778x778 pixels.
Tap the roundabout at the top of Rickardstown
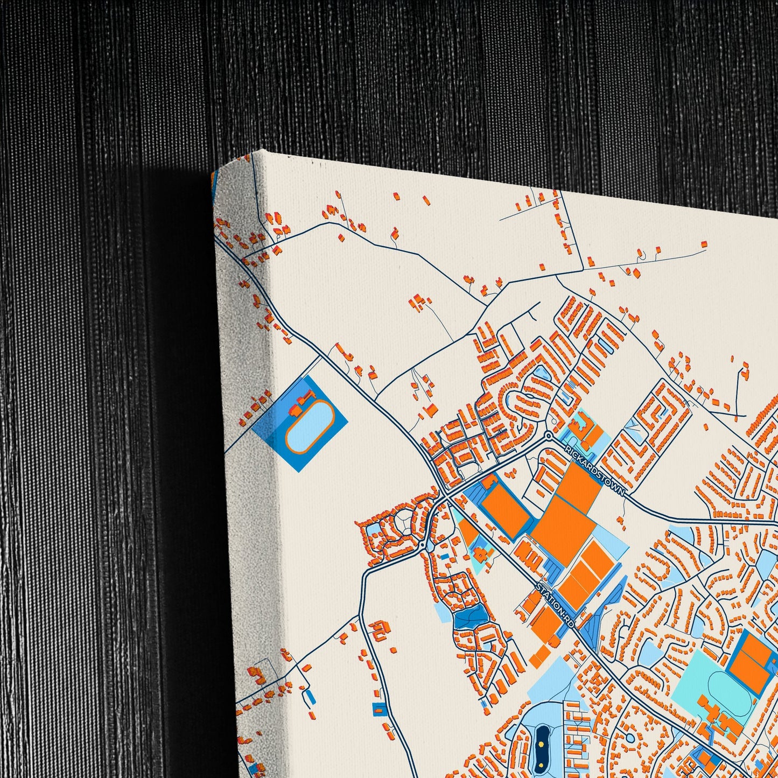tap(549, 435)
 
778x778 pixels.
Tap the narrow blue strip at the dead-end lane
tap(309, 696)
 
